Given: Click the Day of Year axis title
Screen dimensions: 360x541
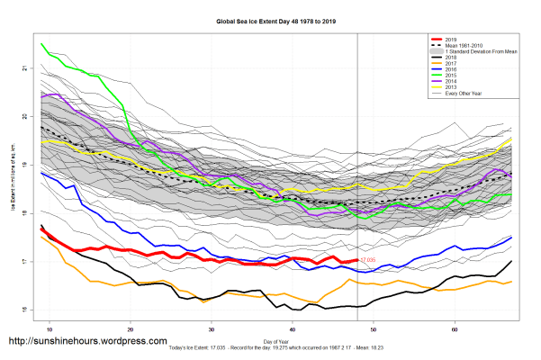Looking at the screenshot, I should [x=276, y=339].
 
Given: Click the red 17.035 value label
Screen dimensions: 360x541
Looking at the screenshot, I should [x=367, y=260].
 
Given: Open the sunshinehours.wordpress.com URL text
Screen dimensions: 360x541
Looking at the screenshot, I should [x=87, y=342].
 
